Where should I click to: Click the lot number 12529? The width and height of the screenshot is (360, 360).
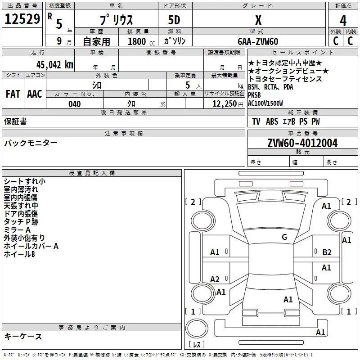(x=22, y=19)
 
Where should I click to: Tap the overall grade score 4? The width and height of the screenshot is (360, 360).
(x=343, y=21)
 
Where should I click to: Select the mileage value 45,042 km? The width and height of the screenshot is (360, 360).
(x=55, y=64)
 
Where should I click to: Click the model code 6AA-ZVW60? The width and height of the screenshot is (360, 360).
(x=258, y=41)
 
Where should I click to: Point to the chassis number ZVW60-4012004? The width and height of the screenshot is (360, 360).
(x=302, y=143)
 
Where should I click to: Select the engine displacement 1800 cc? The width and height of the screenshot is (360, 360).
(x=141, y=41)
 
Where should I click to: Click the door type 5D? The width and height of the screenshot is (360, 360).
(x=174, y=20)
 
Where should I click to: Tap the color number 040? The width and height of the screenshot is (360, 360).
(x=75, y=104)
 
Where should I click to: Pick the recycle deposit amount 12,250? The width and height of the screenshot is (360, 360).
(x=224, y=104)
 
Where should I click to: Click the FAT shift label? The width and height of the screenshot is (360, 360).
(x=13, y=94)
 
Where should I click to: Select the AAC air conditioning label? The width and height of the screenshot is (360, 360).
(x=35, y=94)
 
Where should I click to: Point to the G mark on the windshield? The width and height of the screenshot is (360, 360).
(x=284, y=237)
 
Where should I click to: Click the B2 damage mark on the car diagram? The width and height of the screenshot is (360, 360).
(x=327, y=252)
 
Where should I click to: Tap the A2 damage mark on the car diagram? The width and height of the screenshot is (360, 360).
(x=215, y=279)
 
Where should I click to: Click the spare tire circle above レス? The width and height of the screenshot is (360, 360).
(x=197, y=328)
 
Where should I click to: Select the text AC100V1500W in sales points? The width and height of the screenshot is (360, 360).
(x=265, y=103)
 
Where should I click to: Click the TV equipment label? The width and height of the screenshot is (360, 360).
(x=256, y=121)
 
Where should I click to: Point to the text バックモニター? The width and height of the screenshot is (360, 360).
(x=31, y=143)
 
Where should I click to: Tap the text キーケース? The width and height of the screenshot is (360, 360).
(x=23, y=336)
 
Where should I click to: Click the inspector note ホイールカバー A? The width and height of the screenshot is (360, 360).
(x=31, y=246)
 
